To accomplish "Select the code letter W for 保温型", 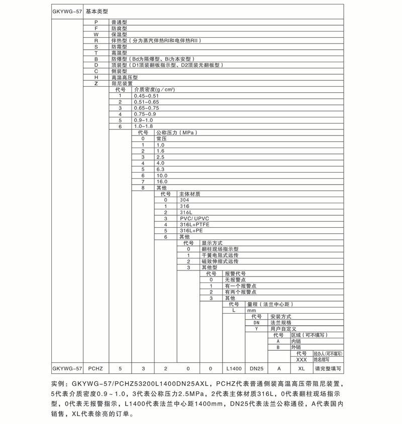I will point(95,34).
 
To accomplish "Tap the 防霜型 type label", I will point(119,46).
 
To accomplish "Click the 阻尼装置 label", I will point(122,83).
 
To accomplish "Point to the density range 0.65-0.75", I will point(146,108).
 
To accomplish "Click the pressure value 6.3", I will point(161,169).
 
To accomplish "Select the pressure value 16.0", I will point(162,181).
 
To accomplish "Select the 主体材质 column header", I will point(190,194).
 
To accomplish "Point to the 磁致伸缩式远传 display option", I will point(220,261).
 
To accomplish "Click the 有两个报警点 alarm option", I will point(241,292).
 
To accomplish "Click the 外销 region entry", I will point(295,347).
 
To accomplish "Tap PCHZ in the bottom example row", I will point(95,368).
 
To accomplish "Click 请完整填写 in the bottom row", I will point(328,368).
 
